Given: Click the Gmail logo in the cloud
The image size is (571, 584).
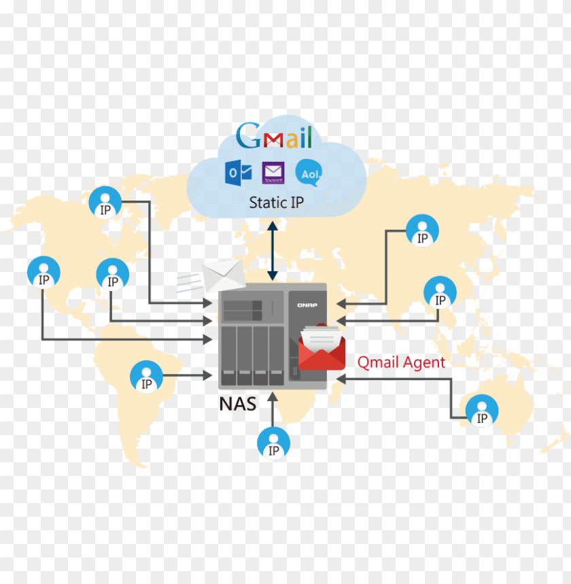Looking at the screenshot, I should tap(273, 136).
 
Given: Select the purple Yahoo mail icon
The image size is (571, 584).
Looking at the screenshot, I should tap(273, 173).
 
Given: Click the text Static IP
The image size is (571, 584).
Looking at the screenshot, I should tap(276, 202).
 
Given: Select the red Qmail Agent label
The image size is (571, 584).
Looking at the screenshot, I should tap(401, 362).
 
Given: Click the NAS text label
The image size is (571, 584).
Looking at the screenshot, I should tap(238, 404).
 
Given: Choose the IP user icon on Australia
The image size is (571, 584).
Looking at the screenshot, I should tap(482, 411).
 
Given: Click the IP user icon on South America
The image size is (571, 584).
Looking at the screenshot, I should tap(146, 376).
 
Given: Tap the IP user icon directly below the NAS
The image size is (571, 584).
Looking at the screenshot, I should tap(273, 443).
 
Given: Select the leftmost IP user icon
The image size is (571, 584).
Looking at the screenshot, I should tap(44, 273).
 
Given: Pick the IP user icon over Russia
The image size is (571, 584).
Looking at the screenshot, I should tap(423, 231).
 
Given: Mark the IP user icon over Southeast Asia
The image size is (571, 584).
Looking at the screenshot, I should tap(440, 292).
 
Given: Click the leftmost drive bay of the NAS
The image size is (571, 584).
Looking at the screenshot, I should tap(230, 352).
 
